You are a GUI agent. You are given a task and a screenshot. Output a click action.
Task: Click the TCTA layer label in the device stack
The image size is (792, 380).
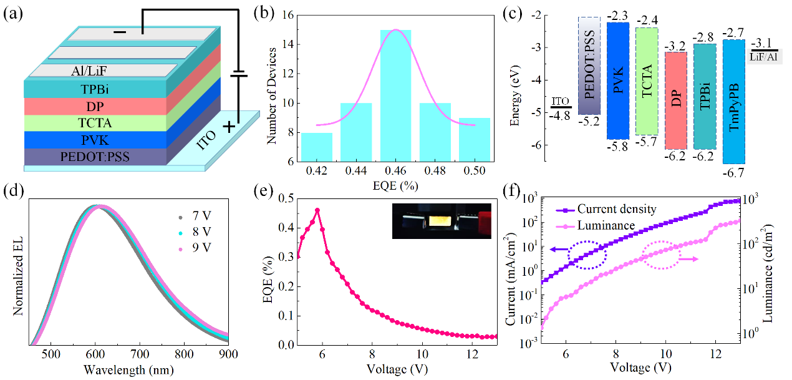95,123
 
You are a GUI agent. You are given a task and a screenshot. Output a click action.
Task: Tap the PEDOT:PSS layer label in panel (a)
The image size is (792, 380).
95,156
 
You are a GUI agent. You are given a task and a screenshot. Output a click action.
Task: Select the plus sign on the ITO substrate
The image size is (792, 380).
229,127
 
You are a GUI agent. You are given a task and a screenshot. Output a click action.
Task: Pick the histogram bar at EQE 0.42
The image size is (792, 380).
316,147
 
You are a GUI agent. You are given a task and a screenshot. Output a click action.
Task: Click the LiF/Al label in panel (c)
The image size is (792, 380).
764,57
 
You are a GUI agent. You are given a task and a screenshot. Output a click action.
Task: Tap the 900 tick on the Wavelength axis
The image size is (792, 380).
228,354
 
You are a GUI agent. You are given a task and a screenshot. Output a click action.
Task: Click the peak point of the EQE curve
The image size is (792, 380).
317,210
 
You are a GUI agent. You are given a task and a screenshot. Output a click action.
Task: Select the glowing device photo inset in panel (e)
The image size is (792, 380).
442,221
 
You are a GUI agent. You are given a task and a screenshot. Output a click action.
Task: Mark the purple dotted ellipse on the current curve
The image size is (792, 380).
587,255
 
